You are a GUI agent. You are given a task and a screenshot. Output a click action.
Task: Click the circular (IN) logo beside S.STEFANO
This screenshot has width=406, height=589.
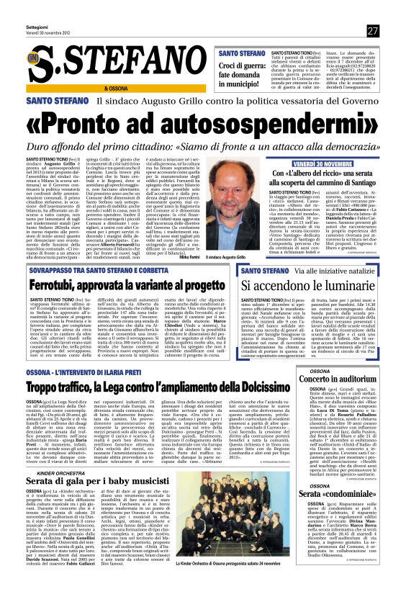click(x=34, y=58)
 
